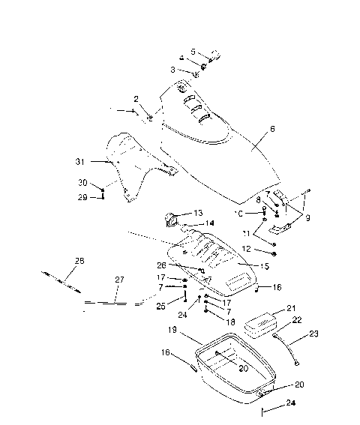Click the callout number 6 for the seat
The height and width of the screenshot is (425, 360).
272,129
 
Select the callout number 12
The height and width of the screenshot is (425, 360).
257,249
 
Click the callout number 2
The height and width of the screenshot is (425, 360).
136,98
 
